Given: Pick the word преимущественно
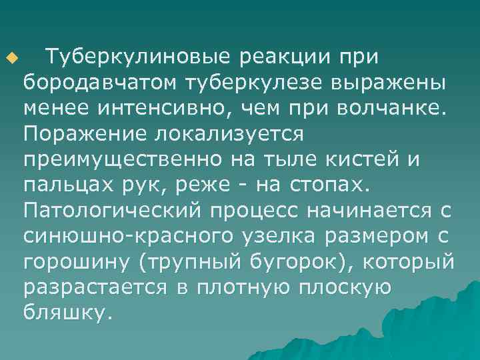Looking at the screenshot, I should click(119, 158).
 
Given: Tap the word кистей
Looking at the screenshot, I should click(382, 158).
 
